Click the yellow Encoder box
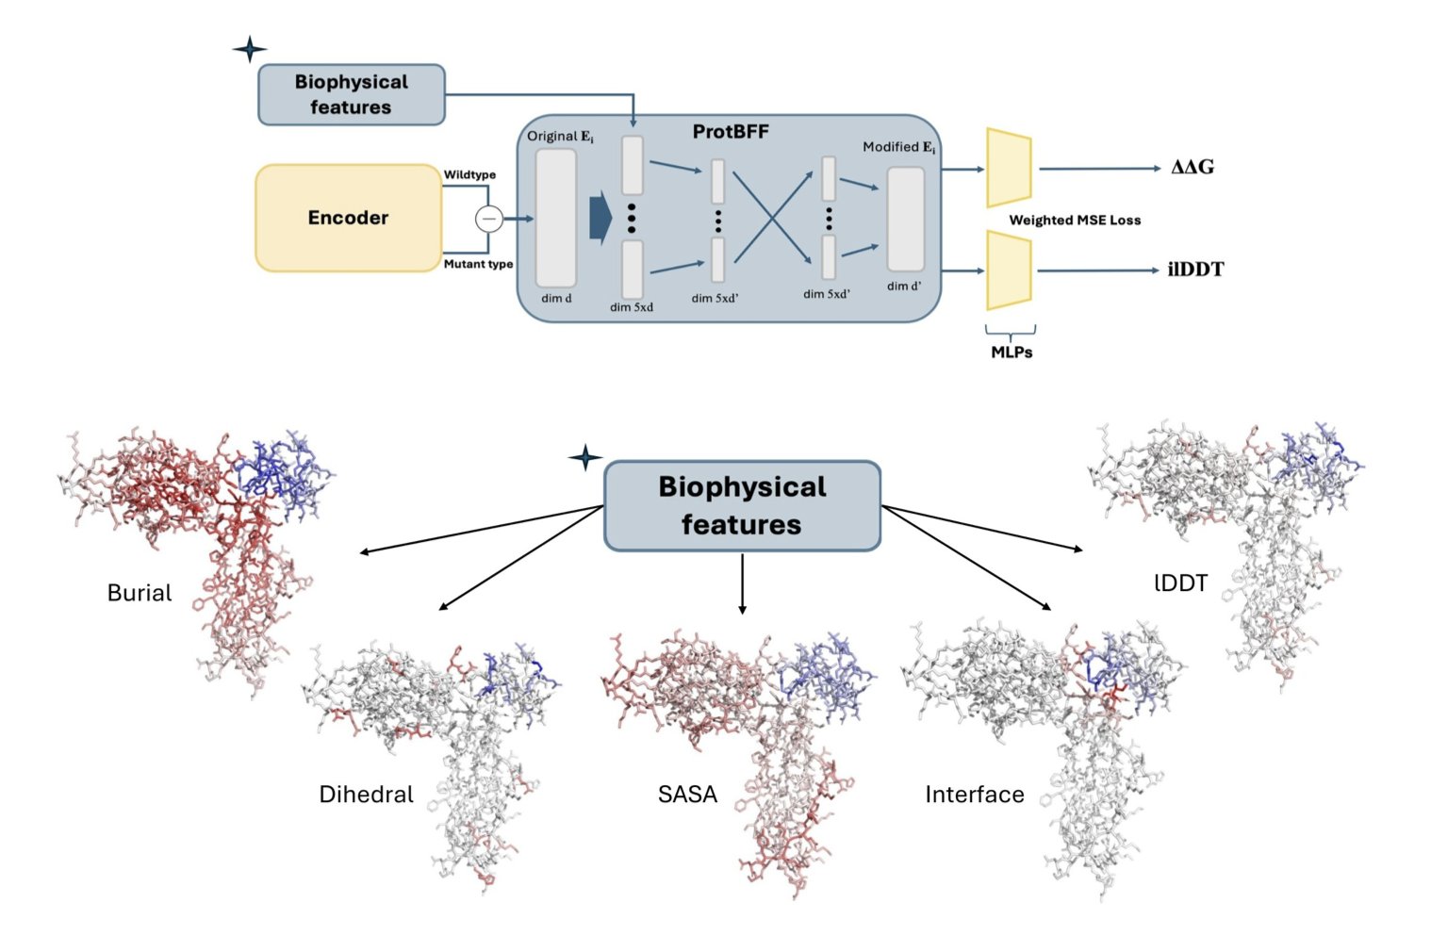pos(348,218)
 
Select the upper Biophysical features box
pos(351,94)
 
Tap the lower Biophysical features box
pos(742,505)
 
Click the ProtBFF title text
pos(731,132)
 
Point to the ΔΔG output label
pos(1192,168)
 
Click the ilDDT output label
pos(1195,270)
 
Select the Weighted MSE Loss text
pos(1075,221)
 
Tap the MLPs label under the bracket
pos(1012,353)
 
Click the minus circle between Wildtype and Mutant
pos(488,219)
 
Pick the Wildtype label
pos(469,174)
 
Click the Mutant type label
pos(478,264)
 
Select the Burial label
pos(140,593)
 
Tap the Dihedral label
pos(366,795)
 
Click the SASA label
pos(687,795)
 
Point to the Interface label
pos(974,795)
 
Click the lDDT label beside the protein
pos(1180,583)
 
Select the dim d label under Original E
pos(556,299)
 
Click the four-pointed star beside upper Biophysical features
pos(250,49)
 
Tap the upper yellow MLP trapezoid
pos(1009,168)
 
